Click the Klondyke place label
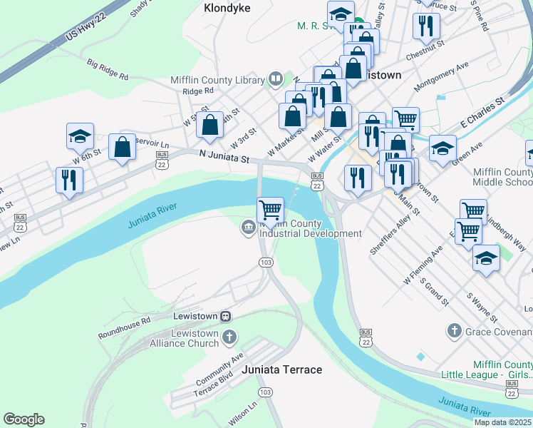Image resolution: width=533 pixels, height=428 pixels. click(x=227, y=9)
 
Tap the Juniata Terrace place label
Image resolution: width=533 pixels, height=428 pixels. click(x=281, y=370)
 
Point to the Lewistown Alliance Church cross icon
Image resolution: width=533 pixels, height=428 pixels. click(x=228, y=336)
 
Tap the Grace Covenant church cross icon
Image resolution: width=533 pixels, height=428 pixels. click(x=454, y=330)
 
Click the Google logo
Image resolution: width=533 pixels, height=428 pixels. click(x=24, y=419)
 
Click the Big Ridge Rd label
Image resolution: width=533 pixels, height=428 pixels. click(x=108, y=69)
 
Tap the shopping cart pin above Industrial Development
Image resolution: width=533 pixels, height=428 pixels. click(x=270, y=210)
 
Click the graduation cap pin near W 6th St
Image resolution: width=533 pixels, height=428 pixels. click(x=81, y=136)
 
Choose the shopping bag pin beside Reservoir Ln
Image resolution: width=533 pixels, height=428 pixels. click(x=123, y=148)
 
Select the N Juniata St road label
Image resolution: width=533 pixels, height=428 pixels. click(x=224, y=157)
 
